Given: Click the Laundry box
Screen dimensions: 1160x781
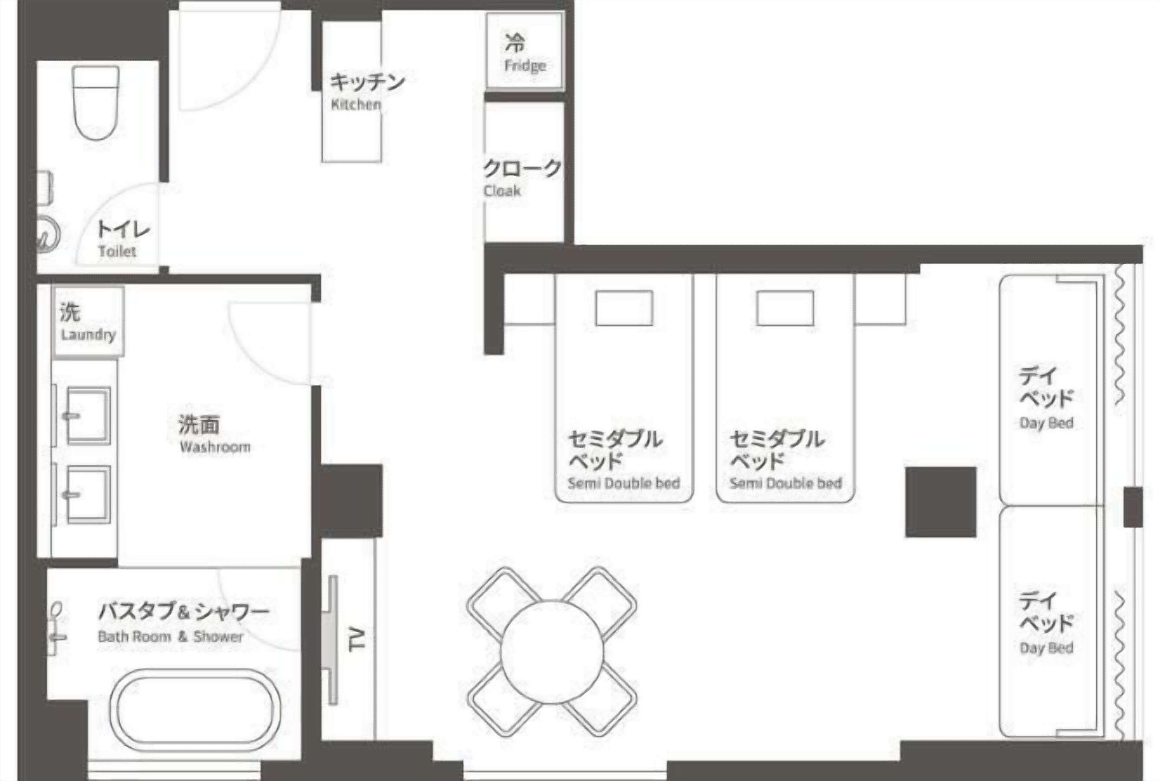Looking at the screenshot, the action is (x=88, y=322).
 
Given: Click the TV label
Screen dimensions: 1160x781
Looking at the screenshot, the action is (x=357, y=640).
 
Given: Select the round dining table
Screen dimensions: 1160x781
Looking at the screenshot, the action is (x=552, y=652).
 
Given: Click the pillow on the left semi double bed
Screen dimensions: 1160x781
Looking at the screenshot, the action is (x=624, y=308).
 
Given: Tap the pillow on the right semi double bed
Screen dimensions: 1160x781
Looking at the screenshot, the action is (x=785, y=308).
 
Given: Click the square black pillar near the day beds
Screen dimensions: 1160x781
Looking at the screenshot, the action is (x=940, y=502).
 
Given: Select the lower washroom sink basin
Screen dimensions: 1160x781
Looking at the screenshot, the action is (x=89, y=495).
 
